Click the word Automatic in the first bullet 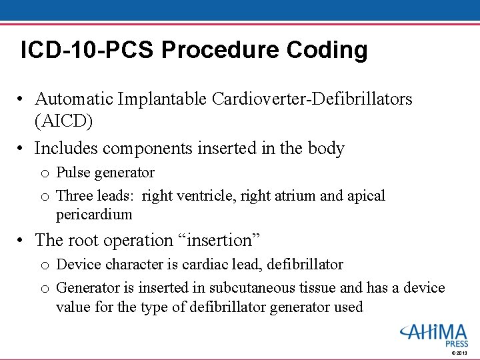point(74,99)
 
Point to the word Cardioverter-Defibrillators point(312,99)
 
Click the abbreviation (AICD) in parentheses point(63,122)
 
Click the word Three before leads point(75,196)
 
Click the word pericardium point(94,215)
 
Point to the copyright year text point(460,352)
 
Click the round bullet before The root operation point(22,240)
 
